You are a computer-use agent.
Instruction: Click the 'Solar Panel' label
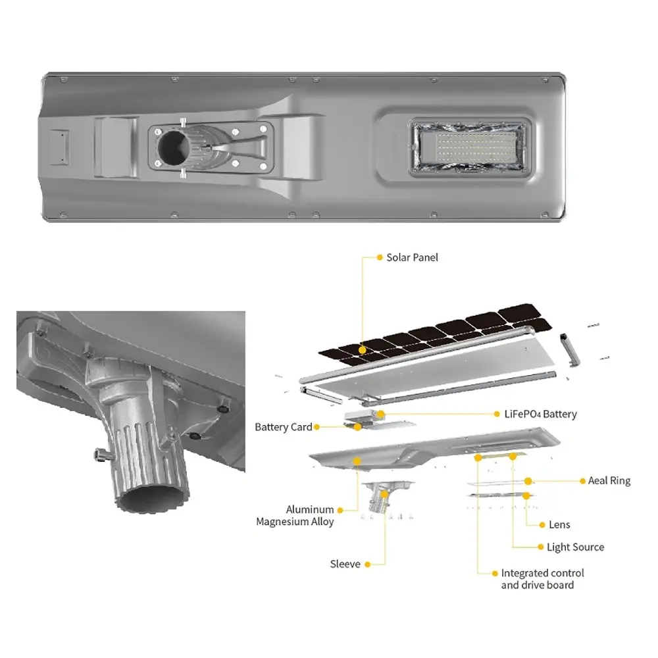coord(412,258)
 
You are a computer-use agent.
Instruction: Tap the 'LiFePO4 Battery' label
coord(540,414)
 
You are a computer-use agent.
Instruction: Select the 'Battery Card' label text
coord(283,427)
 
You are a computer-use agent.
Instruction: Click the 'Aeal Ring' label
coord(609,481)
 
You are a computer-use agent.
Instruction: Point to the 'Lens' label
coord(559,525)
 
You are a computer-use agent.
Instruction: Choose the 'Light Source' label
coord(575,547)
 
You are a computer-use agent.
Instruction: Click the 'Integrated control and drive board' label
coord(542,579)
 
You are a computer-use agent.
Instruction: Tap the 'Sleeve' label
coord(345,565)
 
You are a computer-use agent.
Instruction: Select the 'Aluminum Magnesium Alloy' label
coord(295,516)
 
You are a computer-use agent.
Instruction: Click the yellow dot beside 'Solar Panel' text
coord(380,257)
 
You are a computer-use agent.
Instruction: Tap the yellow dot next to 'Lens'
coord(542,525)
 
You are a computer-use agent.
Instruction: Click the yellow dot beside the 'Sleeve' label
coord(368,565)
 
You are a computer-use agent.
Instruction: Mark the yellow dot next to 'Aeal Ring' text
coord(582,481)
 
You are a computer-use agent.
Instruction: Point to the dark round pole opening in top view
coord(173,147)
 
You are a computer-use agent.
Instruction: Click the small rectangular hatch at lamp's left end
coord(59,147)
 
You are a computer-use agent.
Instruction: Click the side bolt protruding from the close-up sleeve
coord(101,455)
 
